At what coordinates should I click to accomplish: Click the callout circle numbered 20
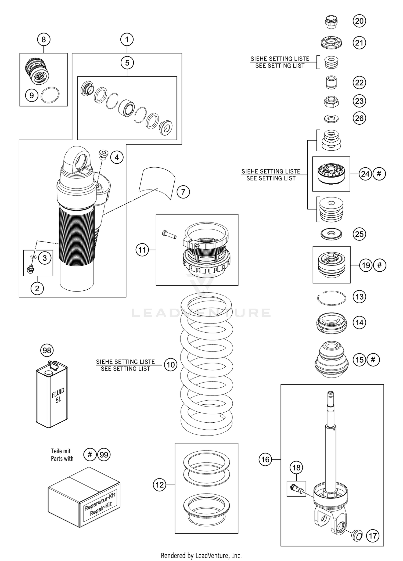pos(359,21)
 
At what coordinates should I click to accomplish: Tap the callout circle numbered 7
pos(183,192)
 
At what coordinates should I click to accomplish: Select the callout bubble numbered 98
pos(47,350)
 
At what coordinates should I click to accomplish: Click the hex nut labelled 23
pos(331,102)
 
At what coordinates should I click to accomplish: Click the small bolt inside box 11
pos(169,234)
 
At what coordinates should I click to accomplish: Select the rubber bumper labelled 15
pos(331,359)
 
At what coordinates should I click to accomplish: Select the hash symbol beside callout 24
pos(379,174)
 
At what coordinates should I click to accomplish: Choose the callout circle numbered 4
pos(117,157)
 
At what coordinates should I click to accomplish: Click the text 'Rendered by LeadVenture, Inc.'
pos(201,555)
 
